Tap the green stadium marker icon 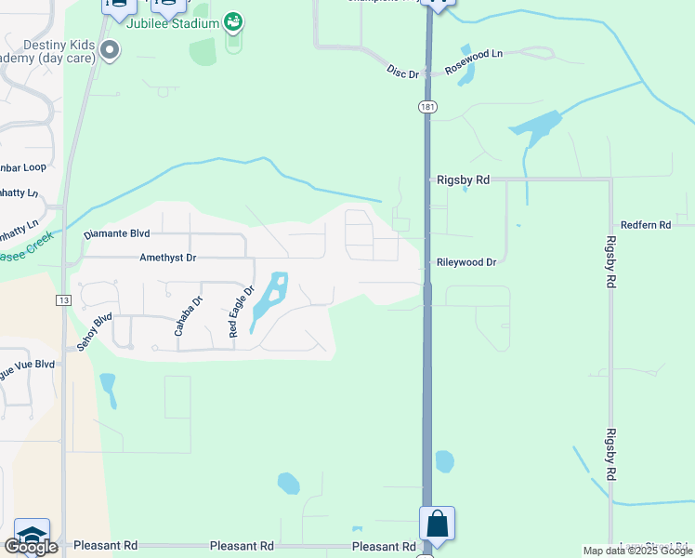233,20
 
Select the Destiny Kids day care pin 110,50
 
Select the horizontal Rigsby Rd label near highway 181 463,179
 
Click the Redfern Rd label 646,225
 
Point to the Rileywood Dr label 466,262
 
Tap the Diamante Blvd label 116,234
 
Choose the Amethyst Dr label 168,258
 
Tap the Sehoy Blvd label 95,331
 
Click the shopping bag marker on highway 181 438,525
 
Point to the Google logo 31,547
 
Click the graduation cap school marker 31,536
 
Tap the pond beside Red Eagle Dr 269,300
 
